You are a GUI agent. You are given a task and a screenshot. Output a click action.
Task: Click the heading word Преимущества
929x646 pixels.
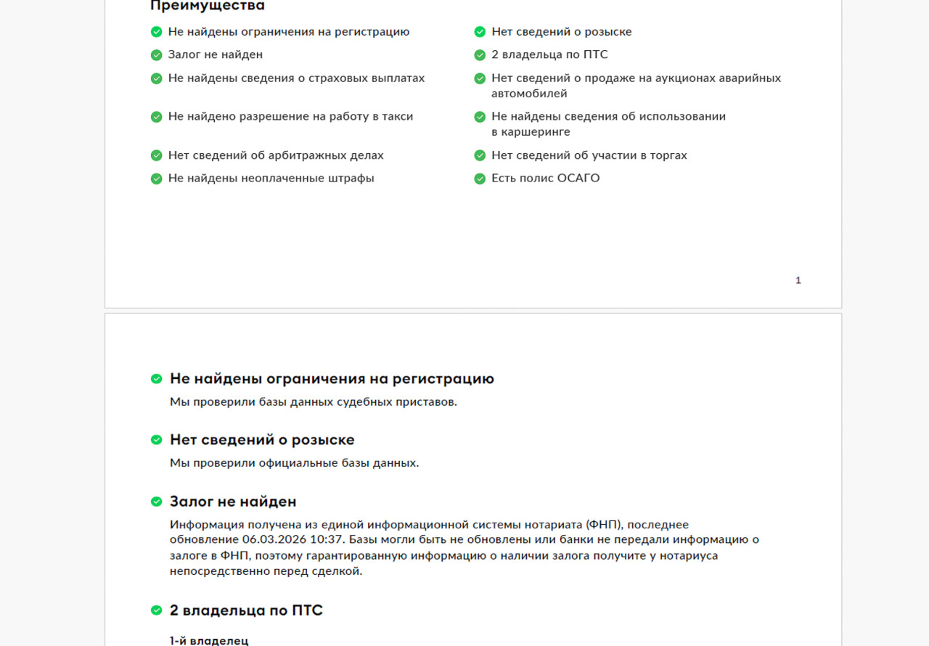(x=207, y=6)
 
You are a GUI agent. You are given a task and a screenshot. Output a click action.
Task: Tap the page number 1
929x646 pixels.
(x=798, y=280)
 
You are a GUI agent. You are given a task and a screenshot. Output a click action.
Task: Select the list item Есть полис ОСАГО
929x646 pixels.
(x=545, y=178)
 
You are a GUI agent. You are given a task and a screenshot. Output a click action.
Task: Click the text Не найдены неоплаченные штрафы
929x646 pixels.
(x=271, y=178)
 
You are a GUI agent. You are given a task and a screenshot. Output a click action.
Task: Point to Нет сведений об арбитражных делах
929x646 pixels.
(x=276, y=155)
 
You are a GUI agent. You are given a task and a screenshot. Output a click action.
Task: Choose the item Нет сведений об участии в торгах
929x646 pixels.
(x=589, y=155)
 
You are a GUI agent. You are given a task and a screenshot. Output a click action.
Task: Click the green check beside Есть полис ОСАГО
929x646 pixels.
(x=480, y=179)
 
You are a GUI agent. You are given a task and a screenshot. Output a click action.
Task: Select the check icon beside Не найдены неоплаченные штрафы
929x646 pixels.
(x=156, y=179)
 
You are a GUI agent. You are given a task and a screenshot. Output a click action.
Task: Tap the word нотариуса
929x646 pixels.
(x=689, y=555)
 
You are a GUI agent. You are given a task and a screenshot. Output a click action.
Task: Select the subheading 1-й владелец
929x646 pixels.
(x=209, y=640)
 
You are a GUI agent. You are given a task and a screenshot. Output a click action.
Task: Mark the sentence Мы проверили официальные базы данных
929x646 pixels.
(x=294, y=462)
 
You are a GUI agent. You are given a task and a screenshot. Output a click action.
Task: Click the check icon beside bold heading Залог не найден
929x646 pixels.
(x=156, y=502)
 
